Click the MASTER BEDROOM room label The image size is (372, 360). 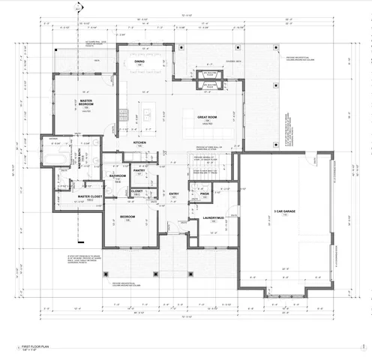tap(86, 101)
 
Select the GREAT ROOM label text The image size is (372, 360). tap(207, 117)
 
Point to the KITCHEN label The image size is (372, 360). tap(139, 142)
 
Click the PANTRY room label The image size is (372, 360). tap(139, 171)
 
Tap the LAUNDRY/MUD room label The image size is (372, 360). tap(214, 217)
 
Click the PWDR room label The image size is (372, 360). tap(205, 193)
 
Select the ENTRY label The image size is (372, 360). tap(173, 194)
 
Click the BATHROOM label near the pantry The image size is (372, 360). tap(118, 175)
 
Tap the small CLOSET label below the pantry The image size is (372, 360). tap(137, 191)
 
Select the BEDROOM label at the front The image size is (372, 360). tap(127, 217)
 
